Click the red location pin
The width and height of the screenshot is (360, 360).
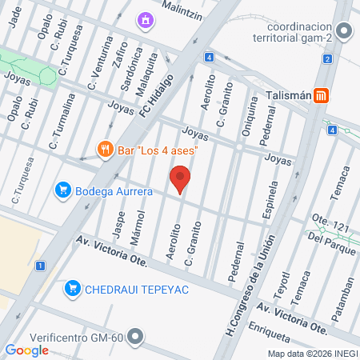click(181, 178)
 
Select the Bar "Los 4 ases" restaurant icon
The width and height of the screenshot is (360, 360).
click(104, 148)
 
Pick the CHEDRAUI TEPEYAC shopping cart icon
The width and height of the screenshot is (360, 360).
click(72, 288)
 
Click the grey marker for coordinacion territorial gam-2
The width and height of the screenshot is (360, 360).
click(344, 32)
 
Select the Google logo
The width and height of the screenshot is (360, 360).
click(26, 350)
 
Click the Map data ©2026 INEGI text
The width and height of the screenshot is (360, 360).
click(312, 354)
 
